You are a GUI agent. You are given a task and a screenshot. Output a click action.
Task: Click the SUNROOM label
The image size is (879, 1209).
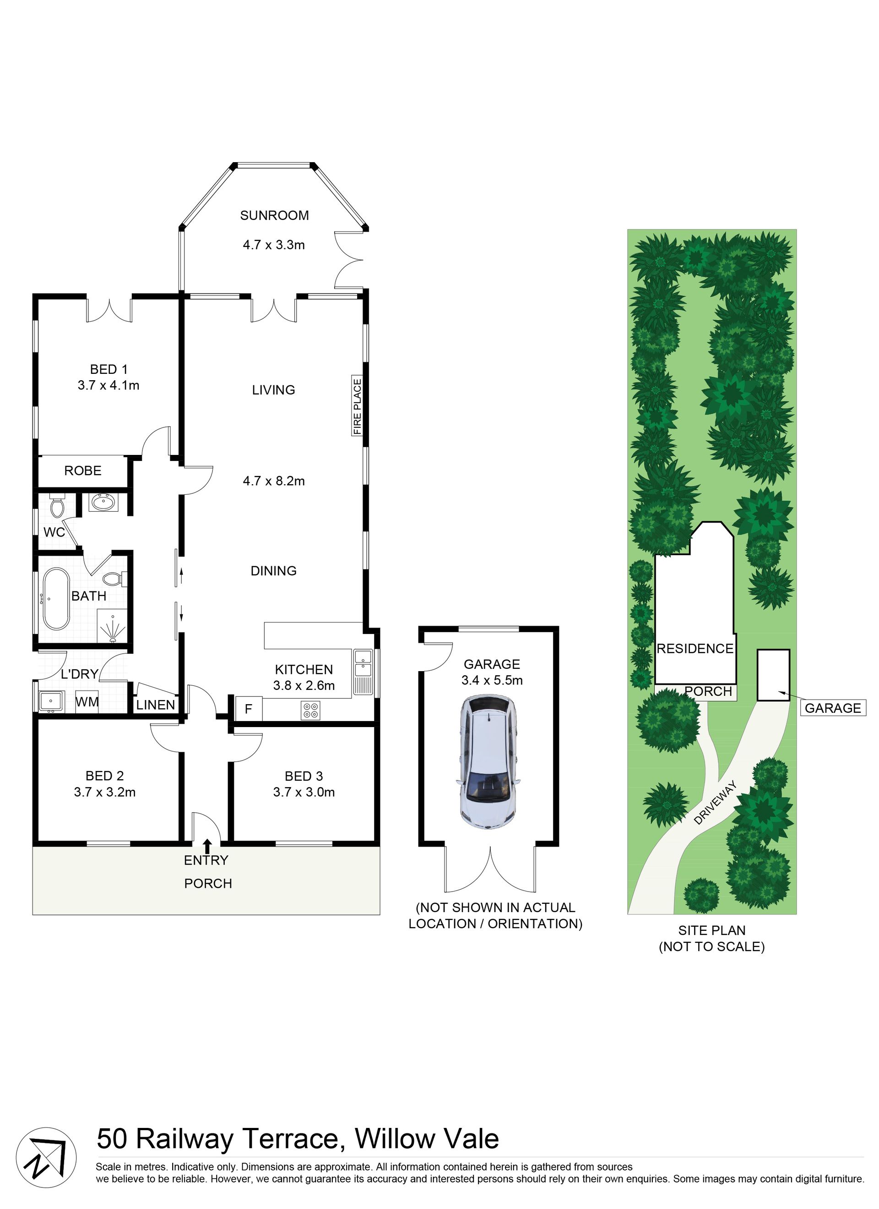click(274, 215)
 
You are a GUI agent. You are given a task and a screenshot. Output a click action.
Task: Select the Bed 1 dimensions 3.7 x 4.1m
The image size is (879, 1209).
click(109, 385)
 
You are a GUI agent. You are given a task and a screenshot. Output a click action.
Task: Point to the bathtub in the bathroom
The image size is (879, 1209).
click(56, 599)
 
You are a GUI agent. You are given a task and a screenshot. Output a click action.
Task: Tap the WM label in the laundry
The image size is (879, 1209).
click(87, 701)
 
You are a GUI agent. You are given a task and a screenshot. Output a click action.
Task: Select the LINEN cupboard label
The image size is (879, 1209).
click(156, 705)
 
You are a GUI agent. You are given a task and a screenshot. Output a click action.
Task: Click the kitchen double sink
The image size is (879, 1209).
click(364, 672)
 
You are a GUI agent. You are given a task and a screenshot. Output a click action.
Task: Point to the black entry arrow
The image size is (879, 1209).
click(207, 846)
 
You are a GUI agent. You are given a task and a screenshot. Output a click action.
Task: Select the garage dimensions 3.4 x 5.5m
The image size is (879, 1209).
click(492, 680)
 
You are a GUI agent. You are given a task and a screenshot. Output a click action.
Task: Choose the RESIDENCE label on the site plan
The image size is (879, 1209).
click(695, 649)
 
